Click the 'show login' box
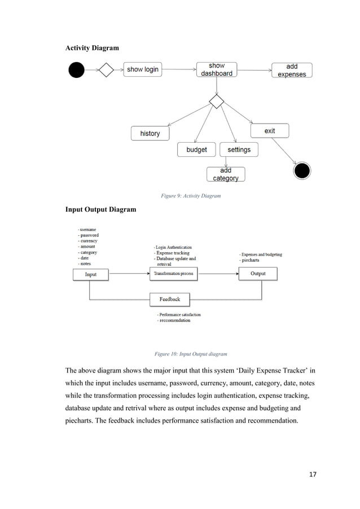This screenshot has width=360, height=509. (143, 69)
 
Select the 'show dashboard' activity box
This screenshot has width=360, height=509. (217, 69)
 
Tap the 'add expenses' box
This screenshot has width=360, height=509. (292, 70)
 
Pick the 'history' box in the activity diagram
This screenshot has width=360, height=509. (150, 133)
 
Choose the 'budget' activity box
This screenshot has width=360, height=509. (197, 150)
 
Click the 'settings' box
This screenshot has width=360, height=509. (239, 150)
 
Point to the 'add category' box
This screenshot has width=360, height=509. (226, 174)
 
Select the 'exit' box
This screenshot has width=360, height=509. (270, 131)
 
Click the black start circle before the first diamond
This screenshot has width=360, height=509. (76, 69)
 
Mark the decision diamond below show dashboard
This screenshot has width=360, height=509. (217, 102)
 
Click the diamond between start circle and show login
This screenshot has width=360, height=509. (107, 70)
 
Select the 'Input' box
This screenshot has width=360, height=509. (90, 274)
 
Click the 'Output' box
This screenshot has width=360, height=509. (258, 274)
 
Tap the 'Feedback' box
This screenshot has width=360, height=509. (169, 299)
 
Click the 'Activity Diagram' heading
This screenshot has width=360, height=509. (93, 48)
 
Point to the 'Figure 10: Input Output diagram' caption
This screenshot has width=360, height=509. (191, 354)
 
